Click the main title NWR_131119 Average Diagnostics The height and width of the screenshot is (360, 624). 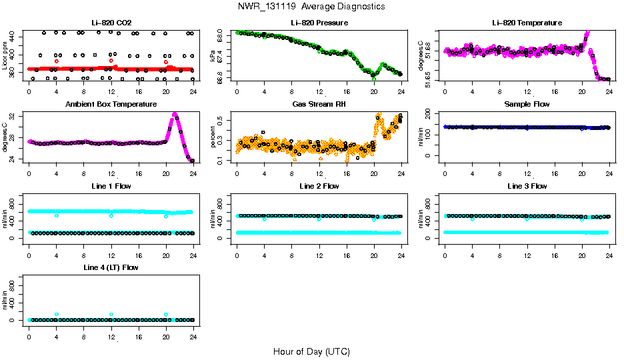pos(311,7)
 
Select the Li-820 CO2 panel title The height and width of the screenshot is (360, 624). pos(111,23)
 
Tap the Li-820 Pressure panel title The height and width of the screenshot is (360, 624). pos(319,23)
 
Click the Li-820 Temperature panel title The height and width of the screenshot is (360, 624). pos(527,23)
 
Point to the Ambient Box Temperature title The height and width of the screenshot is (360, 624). pos(111,105)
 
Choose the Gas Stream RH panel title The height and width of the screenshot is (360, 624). pos(319,105)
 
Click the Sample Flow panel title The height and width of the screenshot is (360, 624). pos(527,105)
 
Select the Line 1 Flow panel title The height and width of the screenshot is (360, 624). pos(111,186)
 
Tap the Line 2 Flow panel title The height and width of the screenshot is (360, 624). pos(319,186)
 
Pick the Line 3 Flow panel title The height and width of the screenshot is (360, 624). pos(527,186)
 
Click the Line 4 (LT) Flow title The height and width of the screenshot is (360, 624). pos(111,267)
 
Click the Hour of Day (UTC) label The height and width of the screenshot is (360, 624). pos(311,351)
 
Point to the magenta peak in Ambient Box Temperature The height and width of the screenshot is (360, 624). pos(175,114)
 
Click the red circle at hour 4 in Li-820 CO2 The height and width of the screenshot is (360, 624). pos(57,61)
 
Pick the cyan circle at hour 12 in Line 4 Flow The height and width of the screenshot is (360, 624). pos(111,314)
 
